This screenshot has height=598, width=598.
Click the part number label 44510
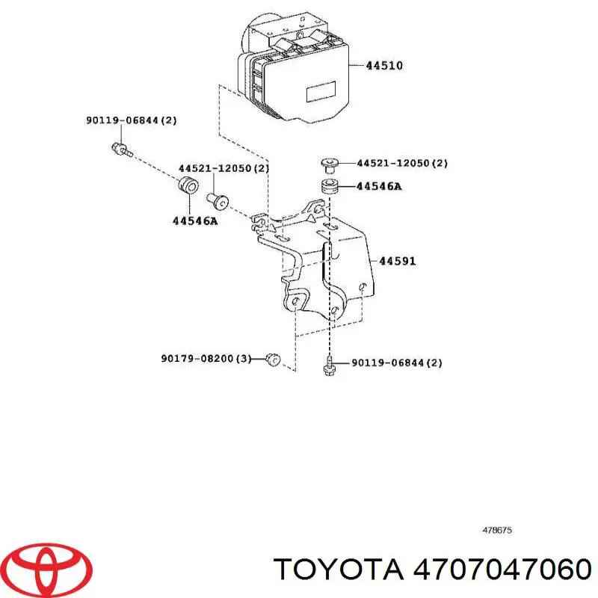coord(384,66)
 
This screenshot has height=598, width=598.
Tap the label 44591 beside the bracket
coord(397,262)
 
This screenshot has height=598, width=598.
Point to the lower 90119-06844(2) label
coord(386,363)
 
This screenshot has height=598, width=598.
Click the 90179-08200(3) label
coord(206,359)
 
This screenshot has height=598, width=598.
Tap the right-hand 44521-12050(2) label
coord(401,163)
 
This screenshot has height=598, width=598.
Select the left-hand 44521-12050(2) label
coord(223,169)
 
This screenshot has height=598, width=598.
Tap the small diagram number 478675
coord(497,531)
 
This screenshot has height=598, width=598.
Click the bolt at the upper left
coord(120,149)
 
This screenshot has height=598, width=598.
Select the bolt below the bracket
coord(328,366)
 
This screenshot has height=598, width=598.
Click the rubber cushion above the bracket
coord(328,186)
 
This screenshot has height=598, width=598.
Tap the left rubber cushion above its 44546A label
coord(188,186)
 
